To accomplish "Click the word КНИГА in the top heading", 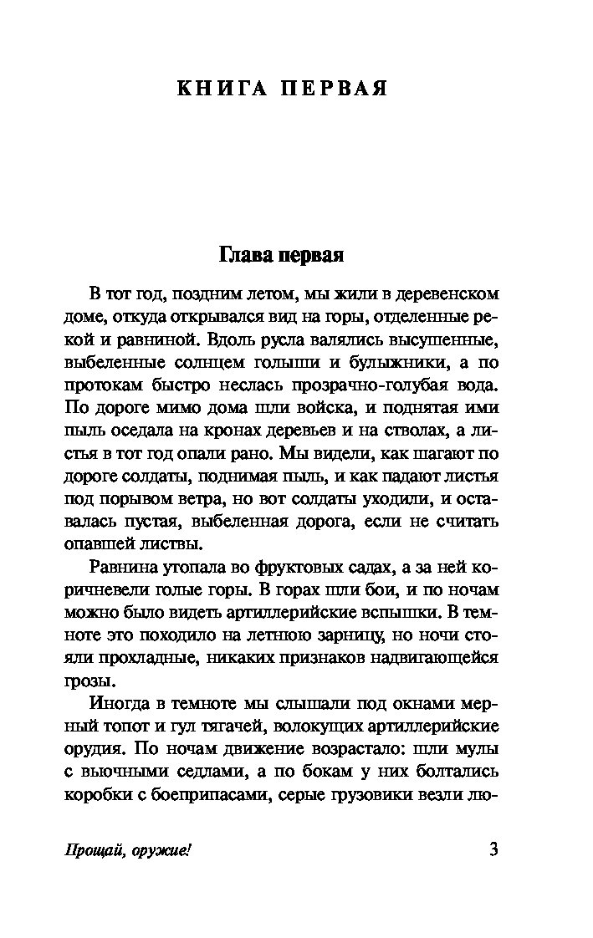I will [219, 89].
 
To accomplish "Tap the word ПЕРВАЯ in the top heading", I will [334, 89].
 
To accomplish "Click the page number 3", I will [493, 850].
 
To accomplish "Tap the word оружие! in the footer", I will [159, 852].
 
